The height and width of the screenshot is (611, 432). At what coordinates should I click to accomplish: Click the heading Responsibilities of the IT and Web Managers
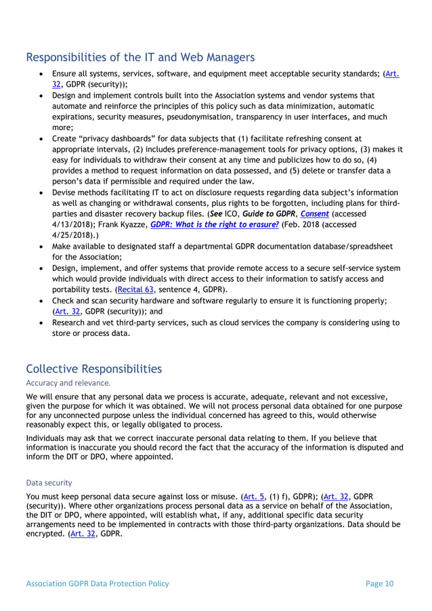pyautogui.click(x=140, y=57)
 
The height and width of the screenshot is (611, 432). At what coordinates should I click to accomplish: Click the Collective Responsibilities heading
pyautogui.click(x=93, y=368)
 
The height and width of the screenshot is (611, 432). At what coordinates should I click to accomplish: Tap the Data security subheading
pyautogui.click(x=49, y=483)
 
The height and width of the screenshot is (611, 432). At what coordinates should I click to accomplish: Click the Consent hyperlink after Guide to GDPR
pyautogui.click(x=316, y=213)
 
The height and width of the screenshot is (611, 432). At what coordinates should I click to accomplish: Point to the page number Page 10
pyautogui.click(x=379, y=583)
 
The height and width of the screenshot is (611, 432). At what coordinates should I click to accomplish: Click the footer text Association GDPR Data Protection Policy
pyautogui.click(x=98, y=583)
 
